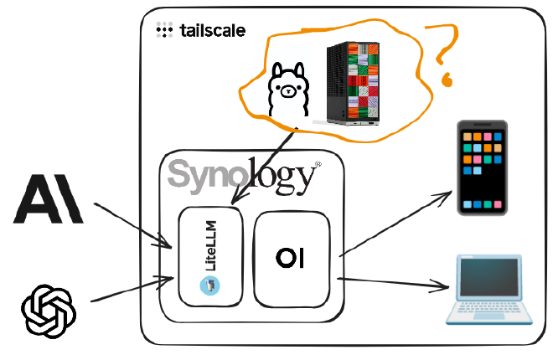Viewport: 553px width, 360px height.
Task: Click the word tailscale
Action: pyautogui.click(x=212, y=31)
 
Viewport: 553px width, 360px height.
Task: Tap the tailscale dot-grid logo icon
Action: pyautogui.click(x=165, y=30)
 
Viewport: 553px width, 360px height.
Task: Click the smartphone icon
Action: pyautogui.click(x=481, y=167)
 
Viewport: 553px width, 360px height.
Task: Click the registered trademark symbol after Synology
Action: pyautogui.click(x=318, y=164)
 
